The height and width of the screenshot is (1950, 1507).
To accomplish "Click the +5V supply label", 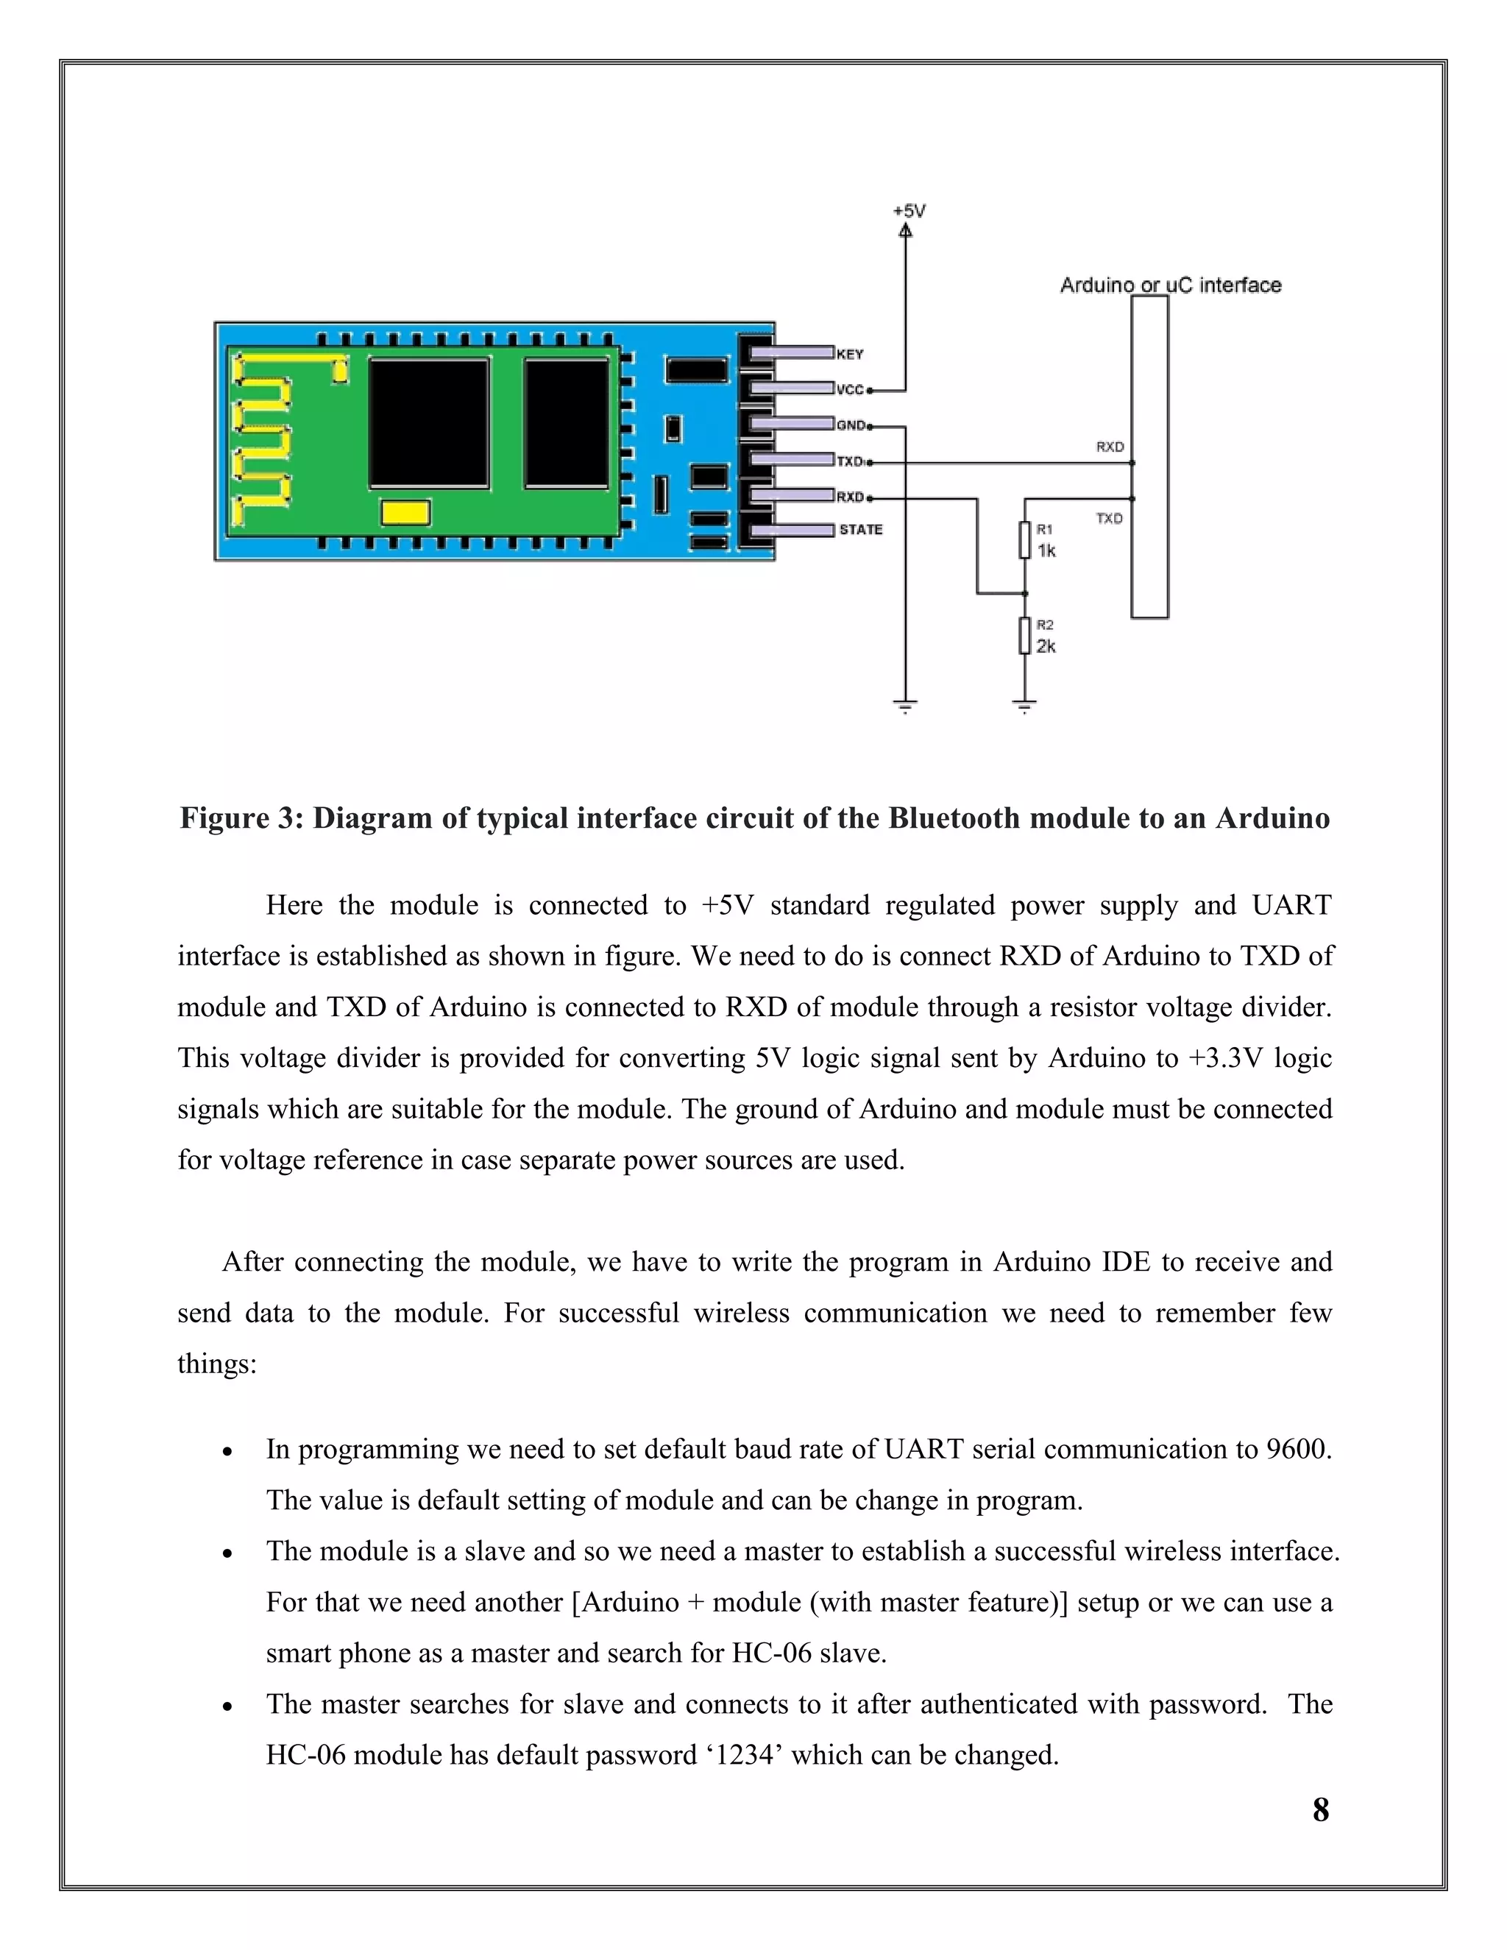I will coord(909,210).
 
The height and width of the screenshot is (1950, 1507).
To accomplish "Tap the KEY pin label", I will coord(850,355).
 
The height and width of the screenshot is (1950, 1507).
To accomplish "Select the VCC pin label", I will coord(850,390).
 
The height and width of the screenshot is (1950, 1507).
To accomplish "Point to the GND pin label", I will coord(851,426).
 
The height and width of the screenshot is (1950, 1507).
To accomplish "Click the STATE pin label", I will coord(861,530).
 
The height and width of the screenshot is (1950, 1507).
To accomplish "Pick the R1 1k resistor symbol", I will coord(1026,541).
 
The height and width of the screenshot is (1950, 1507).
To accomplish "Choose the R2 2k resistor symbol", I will coord(1026,637).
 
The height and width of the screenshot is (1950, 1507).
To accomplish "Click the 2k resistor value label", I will coord(1046,646).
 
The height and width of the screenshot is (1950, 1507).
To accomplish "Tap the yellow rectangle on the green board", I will coord(405,512).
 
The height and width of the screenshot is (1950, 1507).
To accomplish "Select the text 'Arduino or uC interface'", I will coord(1171,285).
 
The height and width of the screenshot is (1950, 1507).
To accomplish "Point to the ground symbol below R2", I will coord(1025,707).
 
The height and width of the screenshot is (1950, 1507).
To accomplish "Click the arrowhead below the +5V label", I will coord(905,231).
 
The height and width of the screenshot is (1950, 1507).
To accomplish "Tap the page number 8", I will coord(1320,1810).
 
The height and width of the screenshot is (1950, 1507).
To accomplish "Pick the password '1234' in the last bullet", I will coord(746,1755).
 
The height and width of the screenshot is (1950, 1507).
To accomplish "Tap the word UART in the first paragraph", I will coord(1291,905).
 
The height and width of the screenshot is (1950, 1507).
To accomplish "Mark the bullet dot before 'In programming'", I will coord(227,1453).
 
